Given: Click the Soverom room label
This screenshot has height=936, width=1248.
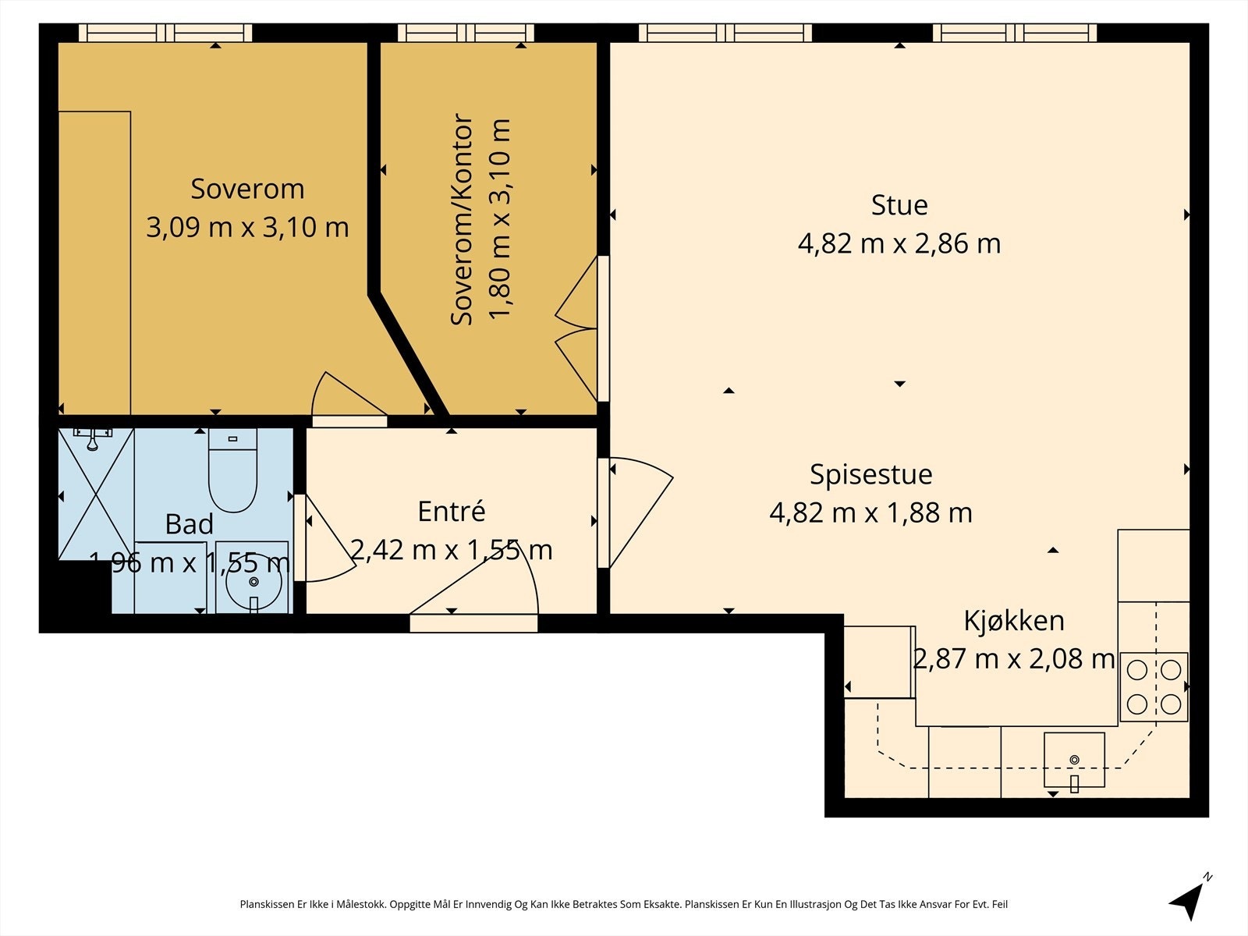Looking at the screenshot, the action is [x=247, y=190].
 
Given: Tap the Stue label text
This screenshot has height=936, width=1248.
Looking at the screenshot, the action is [x=899, y=205].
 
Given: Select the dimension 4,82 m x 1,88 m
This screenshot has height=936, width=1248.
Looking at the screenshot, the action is [x=871, y=513].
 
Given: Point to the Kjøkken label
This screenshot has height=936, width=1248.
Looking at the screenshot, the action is [x=1014, y=621].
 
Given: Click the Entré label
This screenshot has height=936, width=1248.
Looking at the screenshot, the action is [x=452, y=512].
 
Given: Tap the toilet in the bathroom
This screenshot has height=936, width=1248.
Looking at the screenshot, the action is [x=233, y=470].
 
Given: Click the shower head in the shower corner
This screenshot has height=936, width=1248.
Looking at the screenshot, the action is [x=93, y=438].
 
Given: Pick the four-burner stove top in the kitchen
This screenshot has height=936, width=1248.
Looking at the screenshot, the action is [x=1154, y=687].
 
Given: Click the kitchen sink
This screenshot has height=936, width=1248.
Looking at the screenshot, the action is [x=1074, y=760].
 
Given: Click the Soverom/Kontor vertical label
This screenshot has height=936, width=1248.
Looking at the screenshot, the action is [x=461, y=220].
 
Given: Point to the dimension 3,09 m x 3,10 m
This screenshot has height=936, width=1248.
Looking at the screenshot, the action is [x=247, y=228].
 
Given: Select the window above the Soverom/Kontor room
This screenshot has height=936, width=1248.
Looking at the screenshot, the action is [x=466, y=33].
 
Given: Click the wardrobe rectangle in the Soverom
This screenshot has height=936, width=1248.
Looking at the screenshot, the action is [x=95, y=263].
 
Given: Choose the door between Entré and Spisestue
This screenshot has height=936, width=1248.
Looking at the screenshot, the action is [x=635, y=512].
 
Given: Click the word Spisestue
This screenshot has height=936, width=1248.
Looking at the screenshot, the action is [x=871, y=474].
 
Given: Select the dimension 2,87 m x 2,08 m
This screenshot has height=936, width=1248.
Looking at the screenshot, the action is [x=1014, y=659].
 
